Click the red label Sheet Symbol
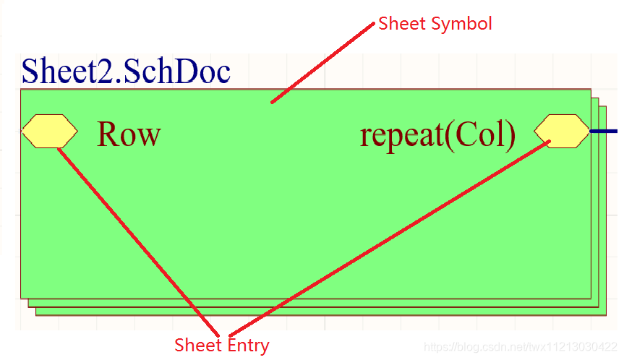tap(435, 24)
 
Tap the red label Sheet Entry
tap(221, 346)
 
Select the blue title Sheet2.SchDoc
tap(126, 71)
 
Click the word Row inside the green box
tap(129, 134)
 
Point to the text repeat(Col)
tap(437, 134)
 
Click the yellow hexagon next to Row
tap(49, 131)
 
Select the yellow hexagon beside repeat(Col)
tap(562, 131)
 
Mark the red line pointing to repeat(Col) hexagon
tap(390, 239)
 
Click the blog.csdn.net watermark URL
tap(520, 348)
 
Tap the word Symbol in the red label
tap(461, 24)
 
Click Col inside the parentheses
tap(479, 134)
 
